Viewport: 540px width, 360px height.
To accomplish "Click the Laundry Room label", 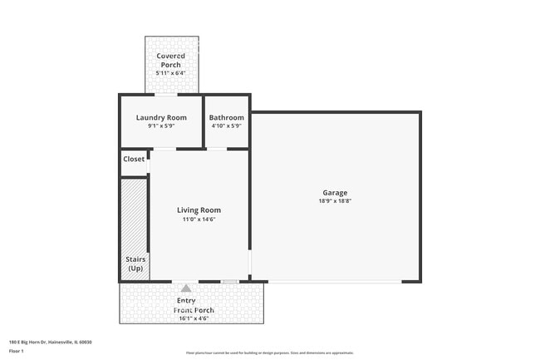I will tap(161, 117).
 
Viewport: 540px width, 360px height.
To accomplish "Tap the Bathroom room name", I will tap(226, 117).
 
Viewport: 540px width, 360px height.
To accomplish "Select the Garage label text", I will tap(336, 193).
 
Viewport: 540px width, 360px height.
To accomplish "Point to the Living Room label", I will tap(199, 210).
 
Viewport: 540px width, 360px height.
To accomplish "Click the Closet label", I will tap(134, 159).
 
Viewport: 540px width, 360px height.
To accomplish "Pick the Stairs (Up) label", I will tap(135, 264).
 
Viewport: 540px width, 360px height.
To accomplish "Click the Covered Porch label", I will tap(171, 60).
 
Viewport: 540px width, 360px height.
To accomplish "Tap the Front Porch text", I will tap(194, 310).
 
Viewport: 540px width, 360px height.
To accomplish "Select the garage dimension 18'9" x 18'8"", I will tap(336, 201).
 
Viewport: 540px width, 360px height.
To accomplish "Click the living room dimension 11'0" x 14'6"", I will tap(199, 219).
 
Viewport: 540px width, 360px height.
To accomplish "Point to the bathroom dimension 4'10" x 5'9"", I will tap(226, 126).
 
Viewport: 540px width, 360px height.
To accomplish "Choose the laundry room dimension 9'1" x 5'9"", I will tap(161, 126).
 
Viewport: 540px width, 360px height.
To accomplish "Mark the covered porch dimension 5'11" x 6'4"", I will tap(171, 72).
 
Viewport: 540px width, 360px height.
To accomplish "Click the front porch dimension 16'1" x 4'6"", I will tap(194, 318).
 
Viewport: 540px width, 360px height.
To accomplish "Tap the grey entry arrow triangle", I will tap(186, 288).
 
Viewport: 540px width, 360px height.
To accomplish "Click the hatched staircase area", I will tap(133, 216).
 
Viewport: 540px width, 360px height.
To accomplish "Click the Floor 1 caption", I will tap(17, 352).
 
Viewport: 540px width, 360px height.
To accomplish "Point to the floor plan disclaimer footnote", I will tap(269, 353).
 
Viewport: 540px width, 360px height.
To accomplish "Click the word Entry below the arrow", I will tap(187, 300).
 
